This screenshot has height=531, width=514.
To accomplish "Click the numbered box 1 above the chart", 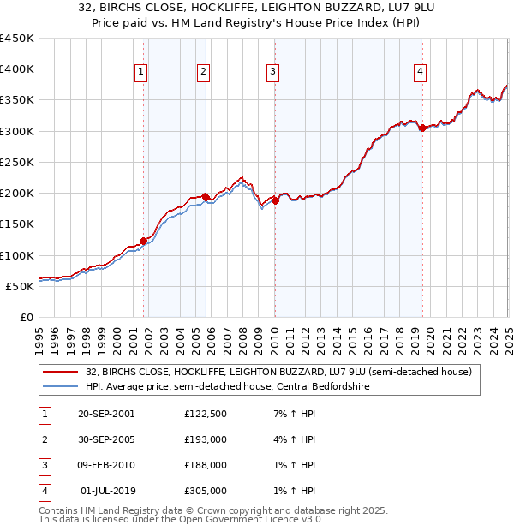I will (x=140, y=72).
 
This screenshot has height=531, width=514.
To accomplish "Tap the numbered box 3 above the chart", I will (x=272, y=72).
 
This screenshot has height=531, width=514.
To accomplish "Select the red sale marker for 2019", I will (x=422, y=128).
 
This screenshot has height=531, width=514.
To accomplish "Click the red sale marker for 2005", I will (x=206, y=197).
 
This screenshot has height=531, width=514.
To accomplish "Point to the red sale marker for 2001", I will (x=143, y=241).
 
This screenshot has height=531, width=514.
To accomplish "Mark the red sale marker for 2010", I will (x=275, y=200).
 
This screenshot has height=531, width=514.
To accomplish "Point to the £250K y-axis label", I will (x=16, y=162).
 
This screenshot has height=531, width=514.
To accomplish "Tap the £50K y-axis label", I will (x=20, y=286).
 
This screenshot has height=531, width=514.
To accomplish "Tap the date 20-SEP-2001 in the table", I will (x=105, y=414).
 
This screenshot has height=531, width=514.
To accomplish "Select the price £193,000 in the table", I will (x=205, y=439).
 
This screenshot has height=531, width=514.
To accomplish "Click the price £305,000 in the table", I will (x=205, y=491).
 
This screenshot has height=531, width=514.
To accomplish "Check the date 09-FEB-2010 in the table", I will (x=105, y=465).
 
